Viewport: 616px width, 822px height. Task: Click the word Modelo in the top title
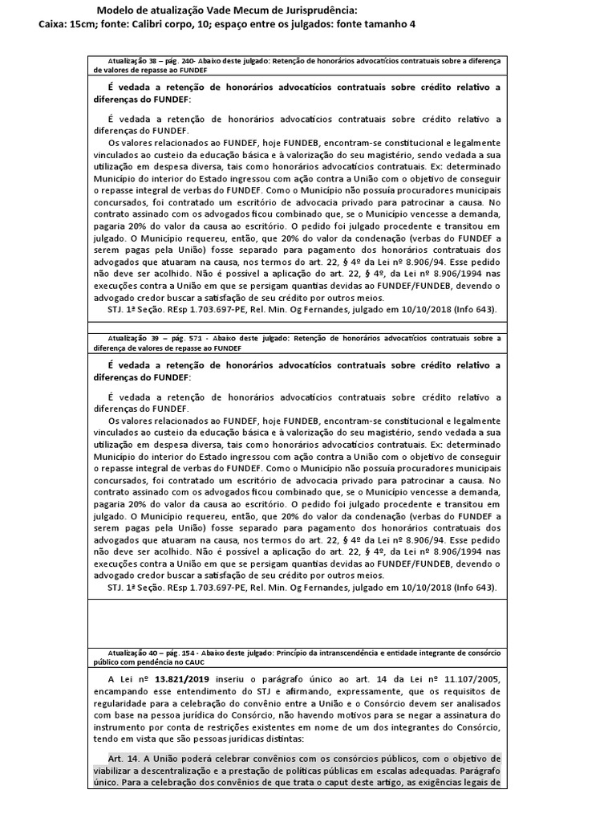[116, 10]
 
